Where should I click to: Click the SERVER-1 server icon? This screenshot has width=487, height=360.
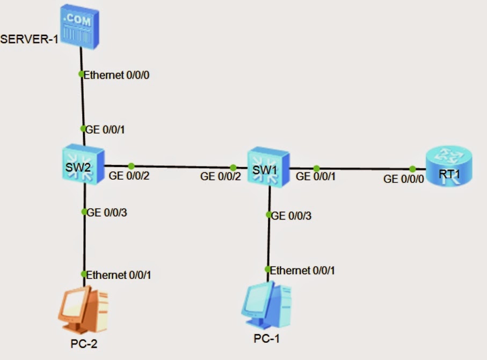pos(80,27)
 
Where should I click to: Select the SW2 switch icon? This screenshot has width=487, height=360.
pos(83,164)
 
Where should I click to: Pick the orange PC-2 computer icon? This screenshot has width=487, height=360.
pos(83,310)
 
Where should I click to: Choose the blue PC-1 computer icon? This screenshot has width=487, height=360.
pos(266,305)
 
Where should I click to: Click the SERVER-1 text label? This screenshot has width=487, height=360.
pos(29,39)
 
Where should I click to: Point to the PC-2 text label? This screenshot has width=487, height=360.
pos(84,343)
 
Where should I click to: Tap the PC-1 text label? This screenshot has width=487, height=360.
pos(266,339)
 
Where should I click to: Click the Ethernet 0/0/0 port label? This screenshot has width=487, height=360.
pos(117,75)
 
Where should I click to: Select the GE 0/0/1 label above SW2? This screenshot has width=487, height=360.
pos(105,130)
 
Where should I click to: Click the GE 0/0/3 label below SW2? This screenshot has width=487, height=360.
pos(106,212)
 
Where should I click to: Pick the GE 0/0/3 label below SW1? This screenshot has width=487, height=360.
pos(291,216)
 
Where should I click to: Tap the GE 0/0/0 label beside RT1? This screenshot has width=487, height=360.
pos(403,179)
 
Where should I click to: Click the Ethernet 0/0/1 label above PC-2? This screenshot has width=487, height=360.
pos(118,275)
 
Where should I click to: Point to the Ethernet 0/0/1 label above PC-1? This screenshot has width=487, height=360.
pos(302,270)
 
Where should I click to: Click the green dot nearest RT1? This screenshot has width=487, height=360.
pos(412,169)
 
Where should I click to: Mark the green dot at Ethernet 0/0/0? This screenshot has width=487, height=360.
pos(81,74)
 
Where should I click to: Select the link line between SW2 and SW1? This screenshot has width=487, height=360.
pos(176,167)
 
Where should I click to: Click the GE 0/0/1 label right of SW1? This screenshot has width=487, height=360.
pos(316,177)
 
